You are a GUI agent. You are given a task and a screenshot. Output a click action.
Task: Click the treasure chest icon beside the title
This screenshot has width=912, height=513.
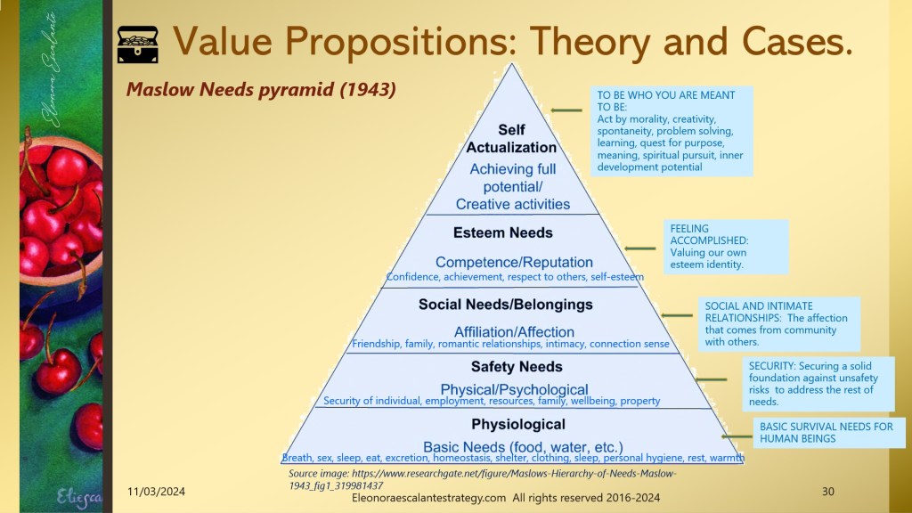point(138,45)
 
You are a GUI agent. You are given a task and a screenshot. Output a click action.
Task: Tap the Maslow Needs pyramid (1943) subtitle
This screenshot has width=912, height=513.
point(261,90)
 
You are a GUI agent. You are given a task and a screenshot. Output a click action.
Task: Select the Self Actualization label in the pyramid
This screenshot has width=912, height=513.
point(511,138)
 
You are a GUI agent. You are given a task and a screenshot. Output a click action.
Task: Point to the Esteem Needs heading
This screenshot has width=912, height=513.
point(503,232)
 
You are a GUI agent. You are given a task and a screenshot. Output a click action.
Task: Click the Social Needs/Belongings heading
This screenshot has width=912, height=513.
point(506,305)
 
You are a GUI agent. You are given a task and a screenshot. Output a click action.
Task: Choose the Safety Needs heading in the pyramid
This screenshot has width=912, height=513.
point(517,366)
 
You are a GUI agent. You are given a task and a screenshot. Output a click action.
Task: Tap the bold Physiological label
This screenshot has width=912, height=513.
point(518,425)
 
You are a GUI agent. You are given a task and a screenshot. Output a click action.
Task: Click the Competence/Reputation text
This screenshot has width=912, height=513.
point(514,263)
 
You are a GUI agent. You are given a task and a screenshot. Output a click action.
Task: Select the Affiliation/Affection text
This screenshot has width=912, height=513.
point(514,332)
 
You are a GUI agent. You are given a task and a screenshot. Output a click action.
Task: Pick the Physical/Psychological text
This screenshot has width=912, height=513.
point(514,389)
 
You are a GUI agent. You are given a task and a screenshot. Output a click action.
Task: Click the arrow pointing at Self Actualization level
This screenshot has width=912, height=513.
point(566,110)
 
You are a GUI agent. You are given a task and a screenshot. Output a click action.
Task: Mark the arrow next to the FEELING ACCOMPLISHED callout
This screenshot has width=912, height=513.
point(639,248)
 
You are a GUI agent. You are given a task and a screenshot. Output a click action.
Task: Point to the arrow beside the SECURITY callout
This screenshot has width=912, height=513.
point(711,379)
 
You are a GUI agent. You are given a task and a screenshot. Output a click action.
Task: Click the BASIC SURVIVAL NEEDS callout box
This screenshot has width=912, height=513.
point(829,433)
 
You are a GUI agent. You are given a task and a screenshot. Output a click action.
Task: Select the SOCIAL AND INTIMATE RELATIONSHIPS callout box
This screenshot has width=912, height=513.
point(778,324)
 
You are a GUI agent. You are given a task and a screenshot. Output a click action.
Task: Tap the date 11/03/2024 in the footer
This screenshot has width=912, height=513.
point(157,492)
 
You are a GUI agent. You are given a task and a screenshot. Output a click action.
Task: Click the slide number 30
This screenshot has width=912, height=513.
point(827,492)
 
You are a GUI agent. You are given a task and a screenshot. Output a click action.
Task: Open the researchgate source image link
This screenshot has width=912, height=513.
point(483,479)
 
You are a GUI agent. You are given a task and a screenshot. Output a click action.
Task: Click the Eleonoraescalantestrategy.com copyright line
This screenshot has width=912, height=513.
point(506,498)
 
